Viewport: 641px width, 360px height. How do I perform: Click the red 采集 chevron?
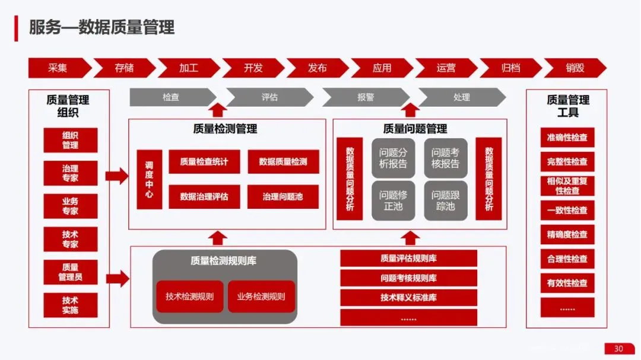58,68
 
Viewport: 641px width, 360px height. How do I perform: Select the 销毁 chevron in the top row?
575,68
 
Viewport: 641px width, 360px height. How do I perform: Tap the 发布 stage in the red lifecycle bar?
317,68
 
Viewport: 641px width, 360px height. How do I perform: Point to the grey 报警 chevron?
366,97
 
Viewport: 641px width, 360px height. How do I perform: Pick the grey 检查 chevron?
171,97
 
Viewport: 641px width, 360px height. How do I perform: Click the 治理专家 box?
70,173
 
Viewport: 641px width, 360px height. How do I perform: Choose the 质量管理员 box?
70,272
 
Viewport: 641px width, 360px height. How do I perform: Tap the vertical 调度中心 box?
149,179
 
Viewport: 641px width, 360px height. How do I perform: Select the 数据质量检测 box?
283,161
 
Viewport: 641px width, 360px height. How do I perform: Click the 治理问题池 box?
283,196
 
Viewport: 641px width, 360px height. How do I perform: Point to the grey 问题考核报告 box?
445,158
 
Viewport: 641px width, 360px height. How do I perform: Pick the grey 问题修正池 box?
393,200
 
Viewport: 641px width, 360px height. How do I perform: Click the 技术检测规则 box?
189,297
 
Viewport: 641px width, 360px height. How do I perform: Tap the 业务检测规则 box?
261,297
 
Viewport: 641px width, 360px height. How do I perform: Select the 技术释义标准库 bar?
408,298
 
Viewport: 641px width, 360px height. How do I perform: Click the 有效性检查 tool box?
567,283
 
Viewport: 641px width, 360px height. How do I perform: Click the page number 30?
618,349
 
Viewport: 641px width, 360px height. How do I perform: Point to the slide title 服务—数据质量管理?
101,27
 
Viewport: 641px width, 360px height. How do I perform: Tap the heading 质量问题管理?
415,129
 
